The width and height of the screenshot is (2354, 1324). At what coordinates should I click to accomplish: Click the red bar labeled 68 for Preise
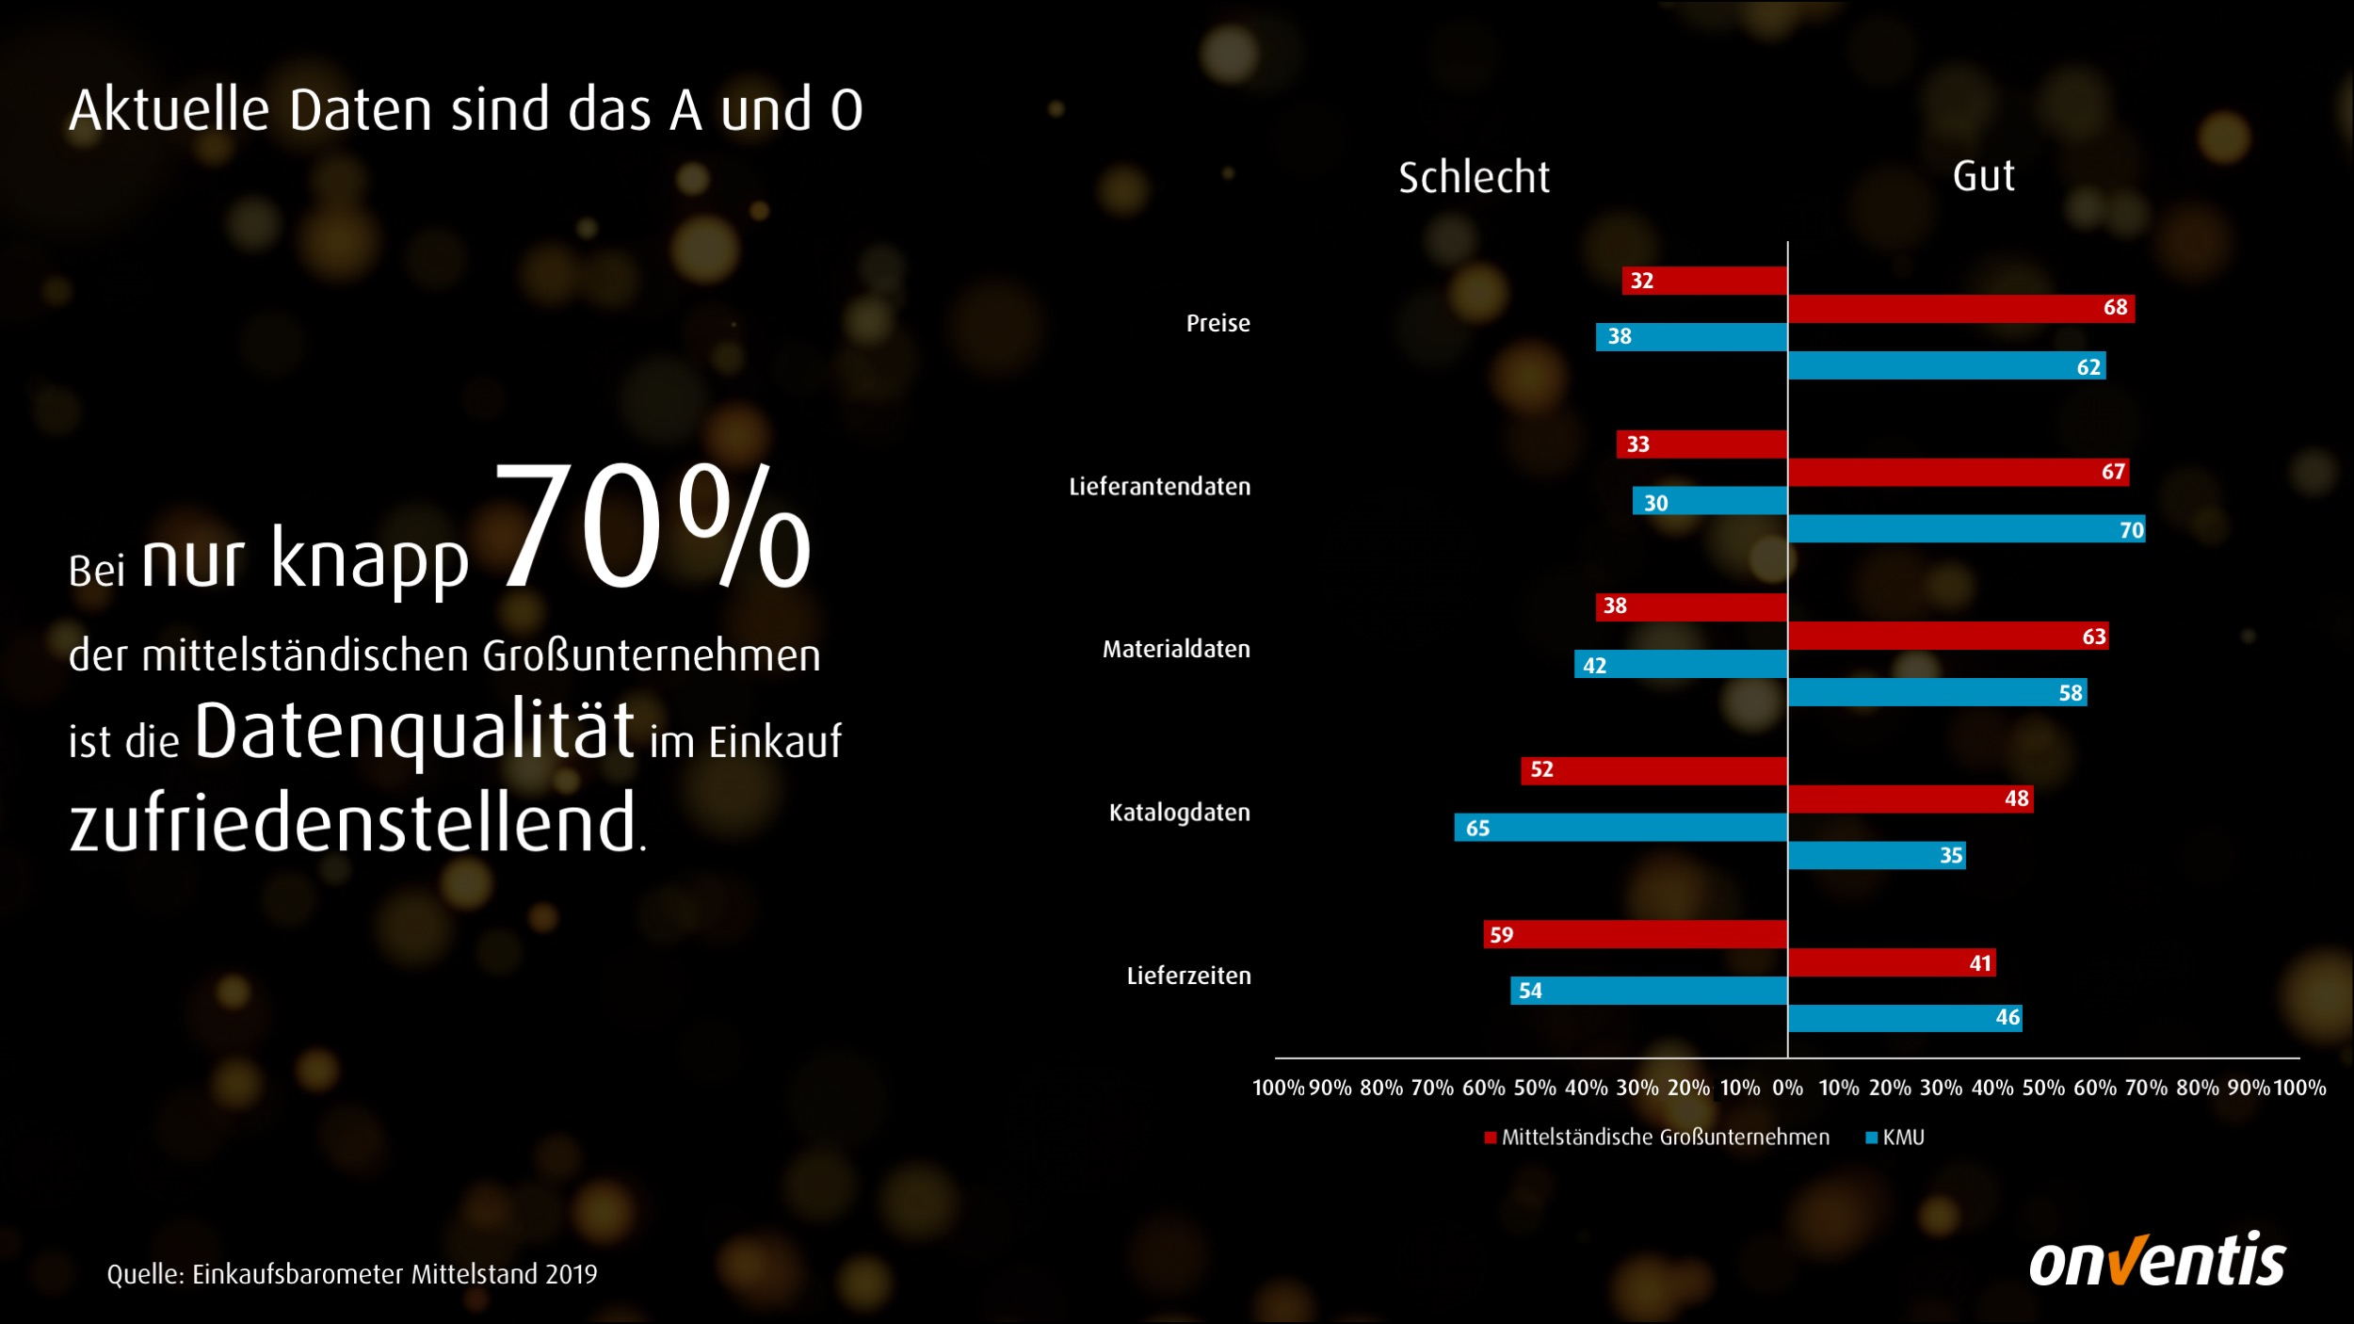(x=1960, y=308)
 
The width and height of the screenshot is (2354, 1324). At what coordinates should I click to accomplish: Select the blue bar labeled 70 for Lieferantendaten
(x=1966, y=529)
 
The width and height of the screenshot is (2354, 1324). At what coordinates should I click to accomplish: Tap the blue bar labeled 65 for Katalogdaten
(x=1620, y=828)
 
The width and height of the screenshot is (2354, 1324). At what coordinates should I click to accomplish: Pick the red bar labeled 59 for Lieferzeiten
(x=1636, y=934)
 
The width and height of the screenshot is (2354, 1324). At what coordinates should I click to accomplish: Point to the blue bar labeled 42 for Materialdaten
(x=1681, y=665)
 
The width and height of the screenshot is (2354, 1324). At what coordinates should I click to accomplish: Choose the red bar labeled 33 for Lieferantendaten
(x=1701, y=444)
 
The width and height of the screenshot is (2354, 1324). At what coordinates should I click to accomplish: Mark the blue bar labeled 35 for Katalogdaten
(x=1877, y=855)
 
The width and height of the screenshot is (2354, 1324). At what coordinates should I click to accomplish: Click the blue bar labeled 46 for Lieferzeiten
(x=1905, y=1018)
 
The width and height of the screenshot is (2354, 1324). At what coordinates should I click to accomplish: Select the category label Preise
(x=1217, y=323)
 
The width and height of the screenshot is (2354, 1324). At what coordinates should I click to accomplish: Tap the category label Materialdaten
(x=1176, y=649)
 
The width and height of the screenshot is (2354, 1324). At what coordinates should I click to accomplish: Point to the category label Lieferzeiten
(x=1188, y=976)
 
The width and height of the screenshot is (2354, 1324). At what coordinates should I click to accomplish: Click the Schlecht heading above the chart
(x=1474, y=178)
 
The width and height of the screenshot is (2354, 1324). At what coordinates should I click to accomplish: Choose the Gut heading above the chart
(x=1983, y=176)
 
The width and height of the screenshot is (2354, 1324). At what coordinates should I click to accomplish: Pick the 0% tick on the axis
(x=1787, y=1089)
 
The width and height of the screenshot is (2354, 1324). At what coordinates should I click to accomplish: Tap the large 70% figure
(x=652, y=527)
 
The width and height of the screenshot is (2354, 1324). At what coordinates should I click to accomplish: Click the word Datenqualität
(x=414, y=731)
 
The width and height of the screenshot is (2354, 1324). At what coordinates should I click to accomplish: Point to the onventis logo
(x=2156, y=1260)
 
